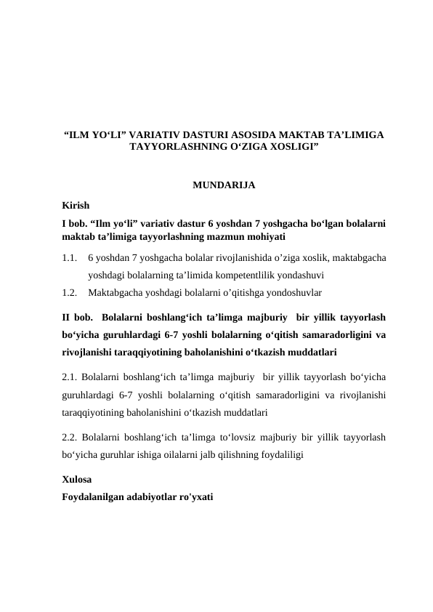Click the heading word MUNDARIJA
(x=223, y=185)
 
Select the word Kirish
(x=75, y=206)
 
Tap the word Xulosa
(x=77, y=480)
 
